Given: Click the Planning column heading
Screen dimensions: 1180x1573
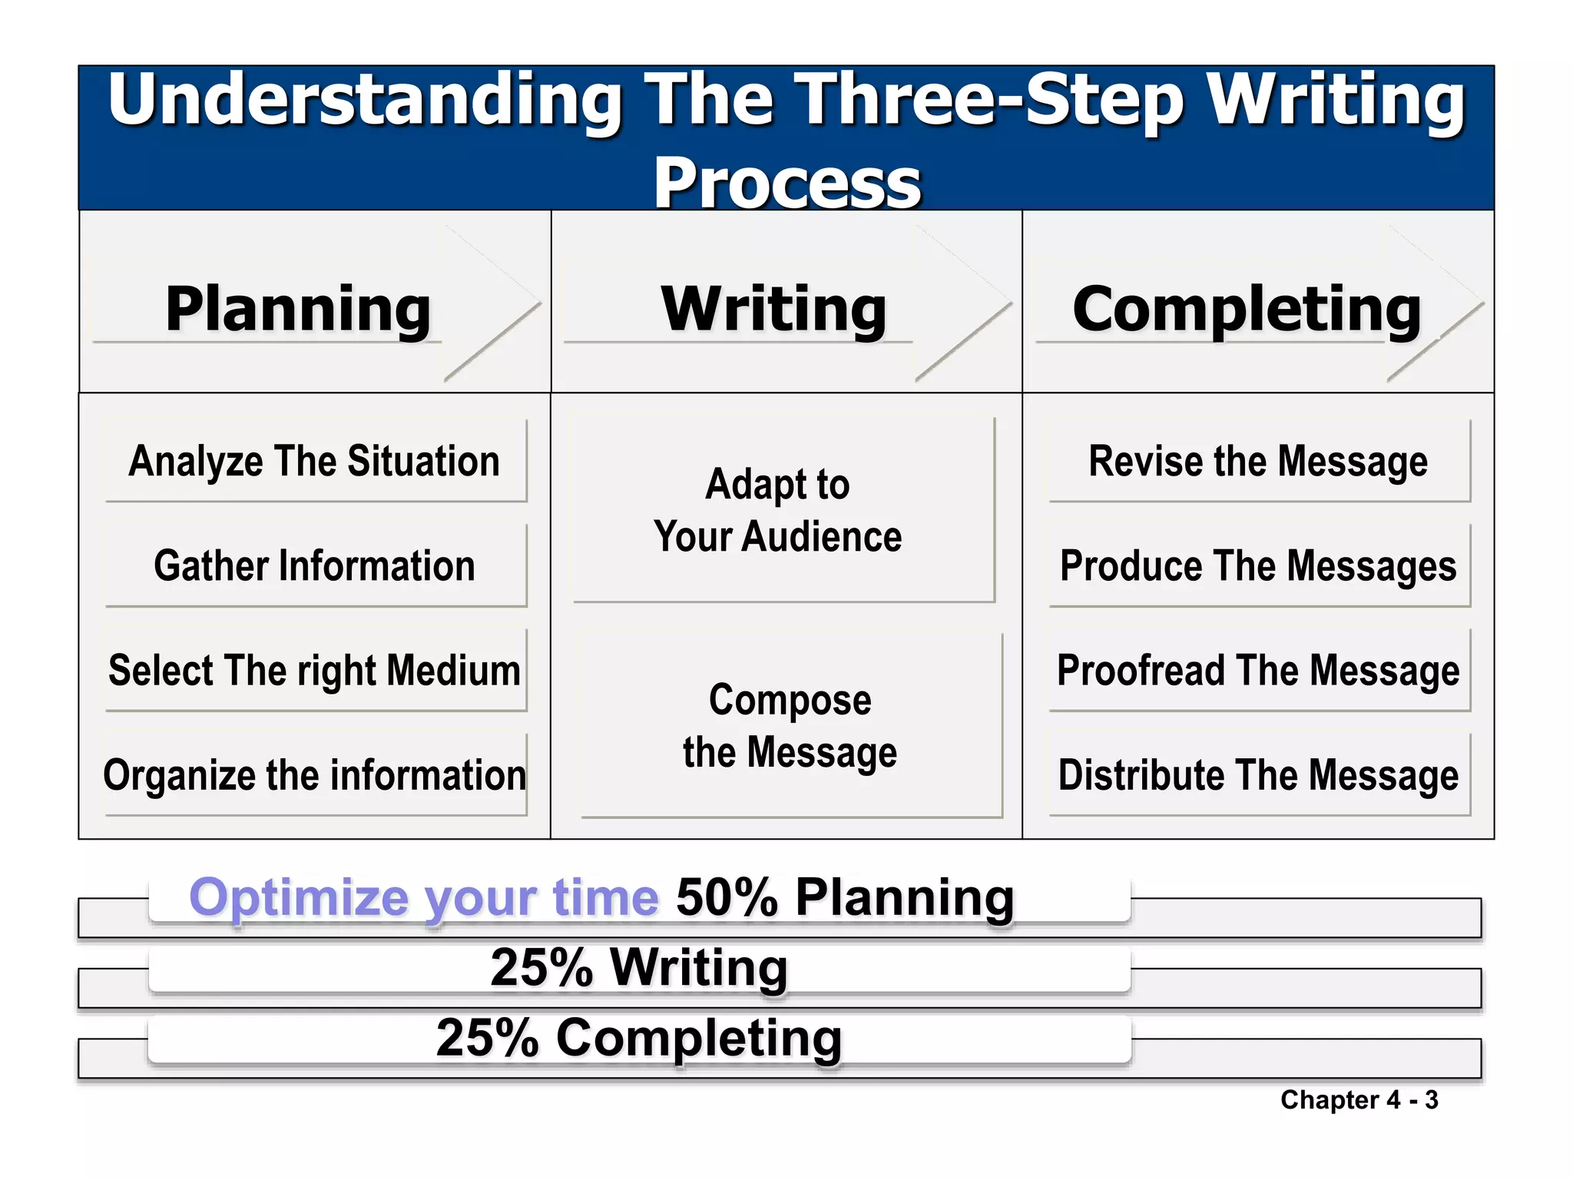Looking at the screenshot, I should click(x=298, y=309).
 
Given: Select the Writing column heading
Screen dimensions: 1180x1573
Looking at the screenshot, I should click(x=774, y=309).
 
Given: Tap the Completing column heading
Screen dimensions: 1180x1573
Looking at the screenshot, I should click(x=1247, y=309).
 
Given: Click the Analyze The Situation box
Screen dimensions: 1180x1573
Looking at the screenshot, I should click(x=315, y=461).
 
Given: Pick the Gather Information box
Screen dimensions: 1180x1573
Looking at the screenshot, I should click(x=315, y=565).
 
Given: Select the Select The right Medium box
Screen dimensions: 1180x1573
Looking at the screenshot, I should click(x=315, y=670).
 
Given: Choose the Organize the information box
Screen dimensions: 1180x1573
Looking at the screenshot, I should click(x=315, y=774).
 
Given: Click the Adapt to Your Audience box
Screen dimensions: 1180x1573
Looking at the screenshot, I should click(x=778, y=510).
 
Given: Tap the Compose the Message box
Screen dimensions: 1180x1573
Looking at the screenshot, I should click(x=790, y=725).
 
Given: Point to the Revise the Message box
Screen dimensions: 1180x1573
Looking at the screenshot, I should click(x=1258, y=461).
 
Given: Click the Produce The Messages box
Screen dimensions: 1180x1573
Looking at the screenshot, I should click(x=1258, y=565).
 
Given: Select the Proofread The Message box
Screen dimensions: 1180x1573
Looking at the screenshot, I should click(x=1258, y=670).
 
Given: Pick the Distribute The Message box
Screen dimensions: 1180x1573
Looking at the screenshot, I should click(x=1258, y=774).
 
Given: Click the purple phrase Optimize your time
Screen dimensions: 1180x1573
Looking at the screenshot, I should click(x=424, y=897).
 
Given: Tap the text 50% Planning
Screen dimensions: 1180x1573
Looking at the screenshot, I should click(x=845, y=897).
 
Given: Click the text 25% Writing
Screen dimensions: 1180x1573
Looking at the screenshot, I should click(x=639, y=967).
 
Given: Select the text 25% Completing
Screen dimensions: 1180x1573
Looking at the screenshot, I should click(x=639, y=1038).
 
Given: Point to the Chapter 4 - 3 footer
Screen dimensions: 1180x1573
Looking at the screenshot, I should click(x=1359, y=1100).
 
